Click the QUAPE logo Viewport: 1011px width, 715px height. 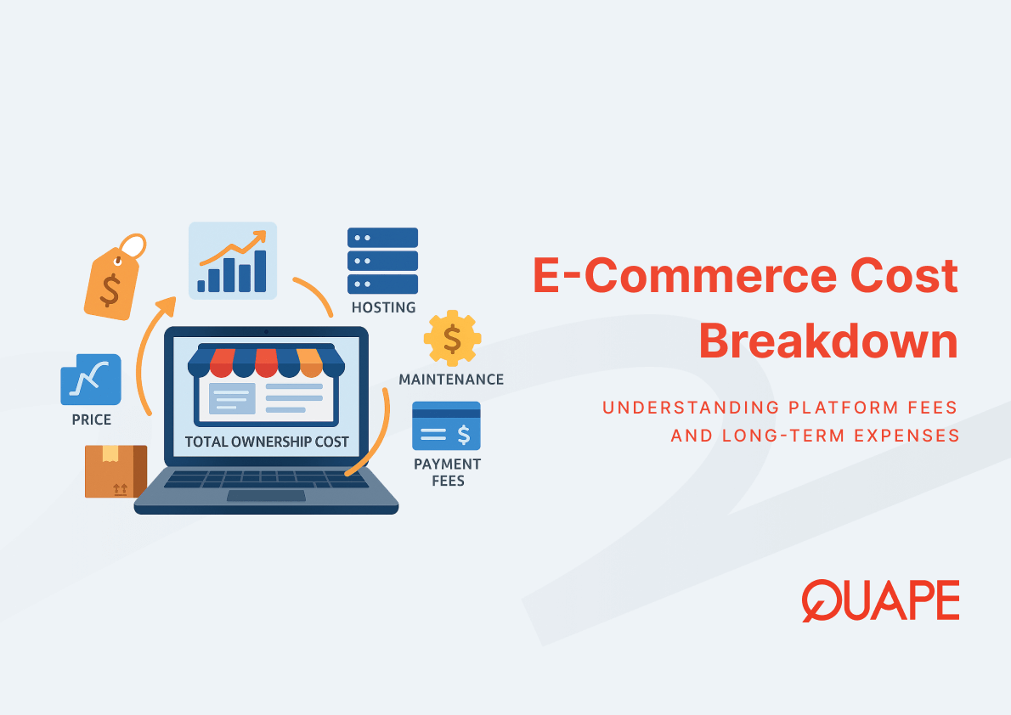coord(880,601)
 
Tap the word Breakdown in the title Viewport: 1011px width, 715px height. coord(828,341)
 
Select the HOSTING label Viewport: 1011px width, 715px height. coord(384,307)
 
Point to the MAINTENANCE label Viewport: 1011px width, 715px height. coord(451,379)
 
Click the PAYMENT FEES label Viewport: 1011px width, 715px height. coord(448,473)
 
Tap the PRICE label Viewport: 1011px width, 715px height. coord(92,419)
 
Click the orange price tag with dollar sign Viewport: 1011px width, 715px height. coord(114,278)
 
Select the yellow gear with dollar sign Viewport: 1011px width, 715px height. coord(452,339)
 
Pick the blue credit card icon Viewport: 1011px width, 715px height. coord(446,426)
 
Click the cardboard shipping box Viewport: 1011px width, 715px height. coord(116,471)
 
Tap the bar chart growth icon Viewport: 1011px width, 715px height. coord(233,261)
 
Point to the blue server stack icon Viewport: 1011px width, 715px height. coord(382,261)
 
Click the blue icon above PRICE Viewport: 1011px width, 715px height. coord(91,380)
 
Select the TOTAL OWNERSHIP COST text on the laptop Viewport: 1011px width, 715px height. coord(267,442)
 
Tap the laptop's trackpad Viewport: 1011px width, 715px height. coord(266,496)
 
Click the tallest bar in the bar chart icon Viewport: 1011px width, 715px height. coord(261,272)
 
